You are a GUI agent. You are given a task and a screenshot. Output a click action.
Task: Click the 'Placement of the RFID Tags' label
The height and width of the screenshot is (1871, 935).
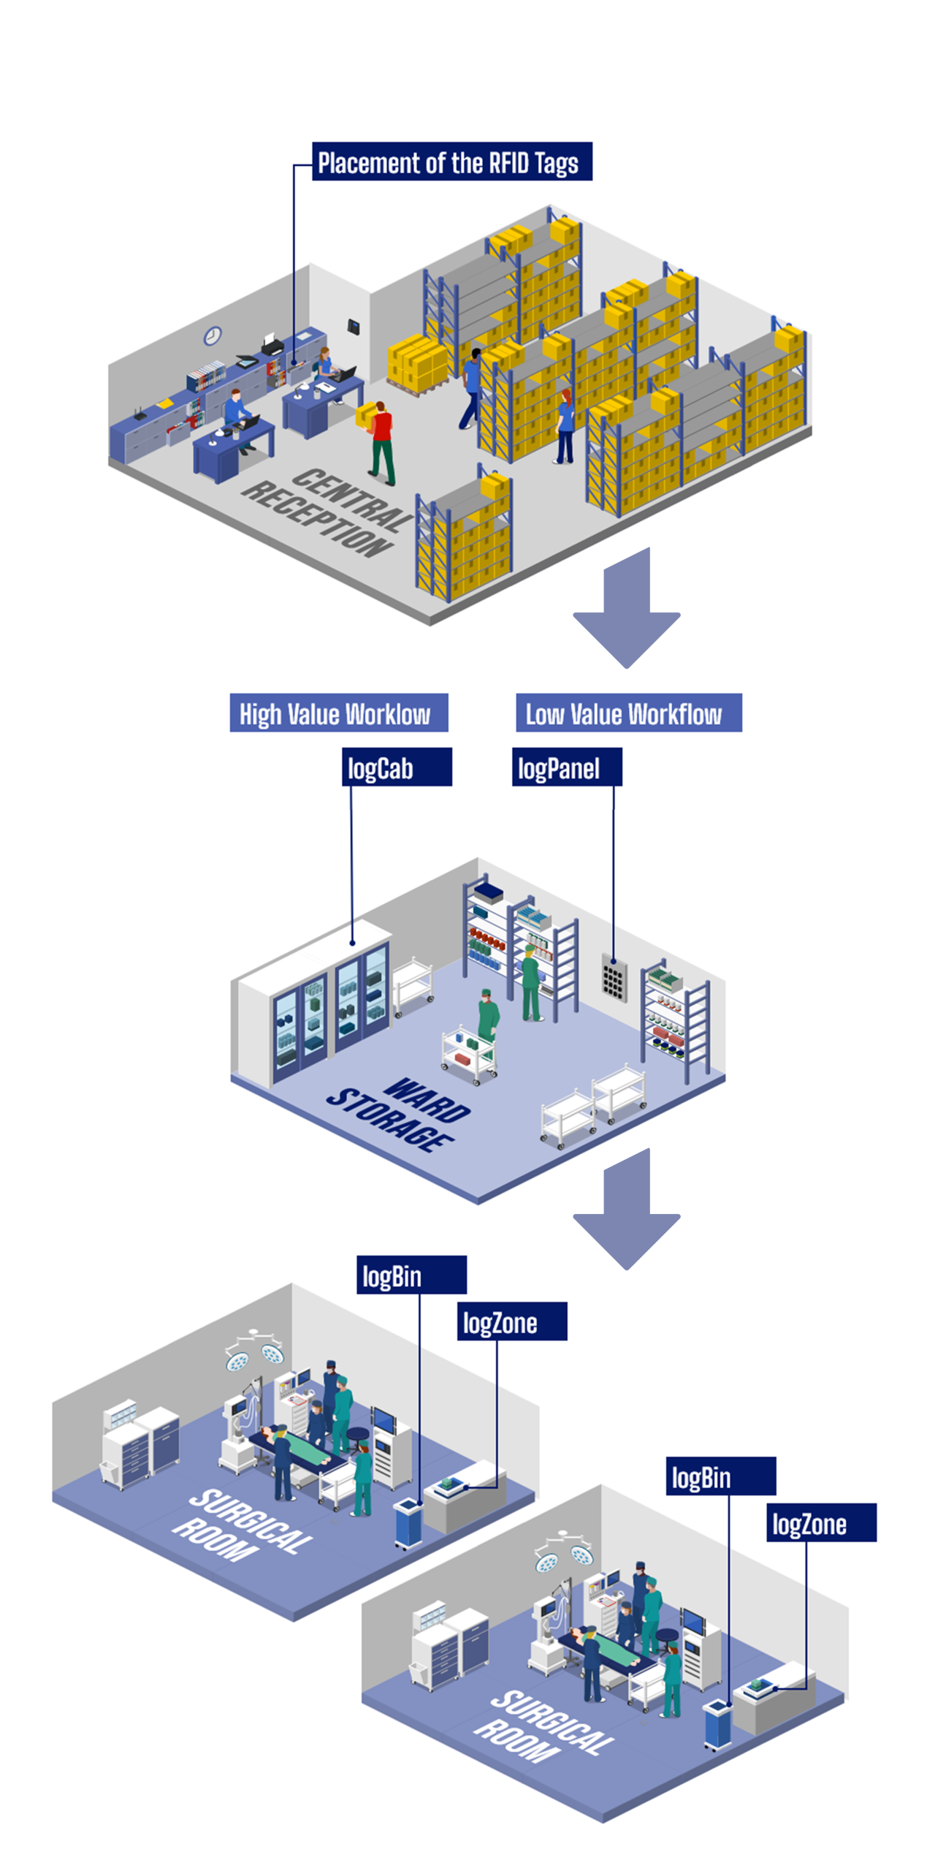coord(451,162)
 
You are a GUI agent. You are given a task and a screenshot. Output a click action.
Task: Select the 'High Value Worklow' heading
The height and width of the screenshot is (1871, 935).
coord(338,713)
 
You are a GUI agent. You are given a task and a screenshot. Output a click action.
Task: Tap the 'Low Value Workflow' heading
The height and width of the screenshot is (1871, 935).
coord(628,713)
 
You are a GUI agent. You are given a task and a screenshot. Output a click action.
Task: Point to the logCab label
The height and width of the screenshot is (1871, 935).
coord(397,767)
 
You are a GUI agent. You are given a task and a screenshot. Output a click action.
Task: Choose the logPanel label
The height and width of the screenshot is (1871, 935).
coord(566,767)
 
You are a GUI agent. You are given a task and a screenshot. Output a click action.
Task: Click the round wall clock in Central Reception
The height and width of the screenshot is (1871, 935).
coord(212,335)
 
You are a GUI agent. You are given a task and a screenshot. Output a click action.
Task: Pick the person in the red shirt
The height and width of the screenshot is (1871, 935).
coord(381,441)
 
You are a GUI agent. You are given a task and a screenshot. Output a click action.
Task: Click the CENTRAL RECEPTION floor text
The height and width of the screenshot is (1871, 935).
coord(327,512)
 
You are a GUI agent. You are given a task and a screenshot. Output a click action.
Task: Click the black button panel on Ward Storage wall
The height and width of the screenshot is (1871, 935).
coord(614,977)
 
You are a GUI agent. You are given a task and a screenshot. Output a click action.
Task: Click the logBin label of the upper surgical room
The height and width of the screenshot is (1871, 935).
coord(411,1275)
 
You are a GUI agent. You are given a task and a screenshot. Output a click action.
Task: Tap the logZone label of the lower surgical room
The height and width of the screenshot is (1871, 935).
coord(820,1522)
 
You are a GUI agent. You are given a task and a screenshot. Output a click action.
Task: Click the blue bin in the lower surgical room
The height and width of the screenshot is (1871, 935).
coord(717,1723)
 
